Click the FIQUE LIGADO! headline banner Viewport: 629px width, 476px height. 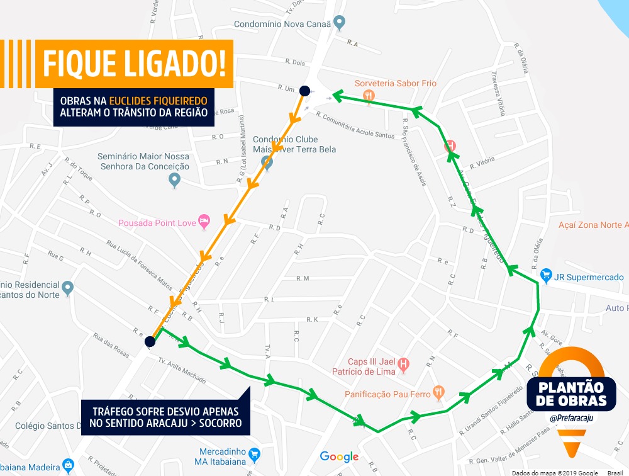133,64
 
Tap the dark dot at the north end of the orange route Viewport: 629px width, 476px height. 304,91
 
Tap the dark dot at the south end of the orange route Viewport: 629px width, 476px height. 150,342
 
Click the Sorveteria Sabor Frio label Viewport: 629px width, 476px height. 395,83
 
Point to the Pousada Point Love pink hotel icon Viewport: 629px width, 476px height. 204,221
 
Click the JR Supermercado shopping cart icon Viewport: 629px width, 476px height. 546,276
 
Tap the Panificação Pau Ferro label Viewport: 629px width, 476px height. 387,394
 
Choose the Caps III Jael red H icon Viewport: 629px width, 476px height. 404,364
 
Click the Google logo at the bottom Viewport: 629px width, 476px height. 339,456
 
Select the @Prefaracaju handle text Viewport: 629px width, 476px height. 567,417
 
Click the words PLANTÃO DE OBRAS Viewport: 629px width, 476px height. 567,393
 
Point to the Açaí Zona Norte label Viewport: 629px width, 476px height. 593,225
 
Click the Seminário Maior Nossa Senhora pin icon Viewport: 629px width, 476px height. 175,180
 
